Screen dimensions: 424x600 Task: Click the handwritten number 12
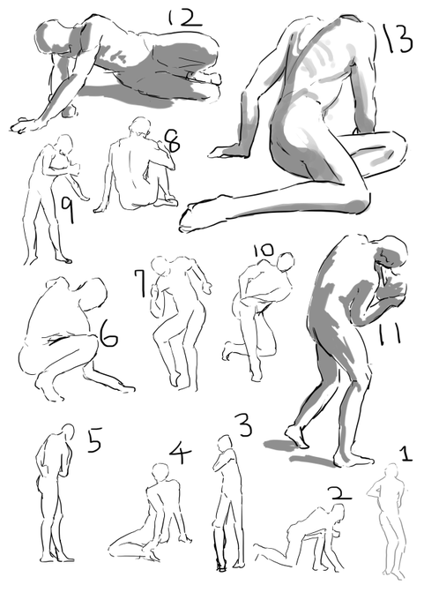184,19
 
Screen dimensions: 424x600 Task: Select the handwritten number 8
172,141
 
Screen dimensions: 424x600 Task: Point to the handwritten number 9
68,211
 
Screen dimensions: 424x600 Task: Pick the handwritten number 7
140,282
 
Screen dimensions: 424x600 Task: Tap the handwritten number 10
264,251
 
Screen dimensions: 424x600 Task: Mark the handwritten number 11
390,334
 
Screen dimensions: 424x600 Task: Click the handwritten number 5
94,440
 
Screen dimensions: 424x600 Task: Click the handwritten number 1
406,453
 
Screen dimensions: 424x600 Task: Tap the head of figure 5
68,433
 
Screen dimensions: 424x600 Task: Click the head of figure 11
390,254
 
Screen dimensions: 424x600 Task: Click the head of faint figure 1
391,471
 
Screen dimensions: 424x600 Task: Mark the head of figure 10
286,262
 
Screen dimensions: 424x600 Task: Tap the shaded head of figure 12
55,37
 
